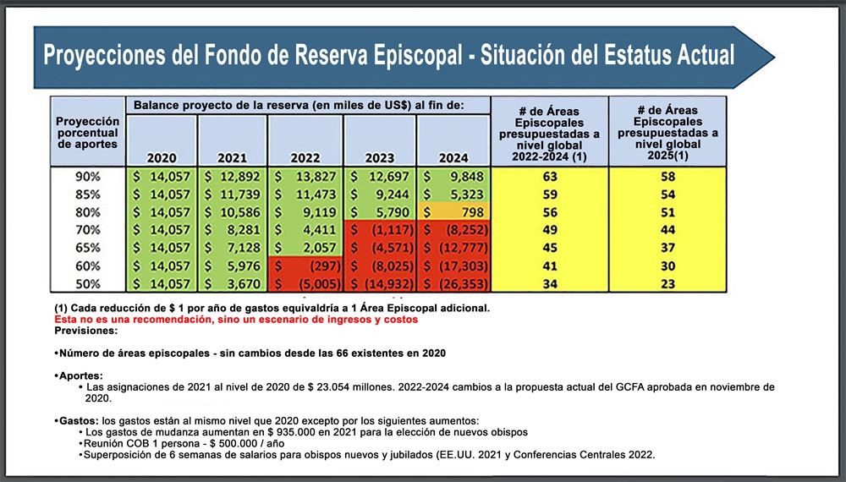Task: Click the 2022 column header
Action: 305,157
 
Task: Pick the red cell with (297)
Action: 305,266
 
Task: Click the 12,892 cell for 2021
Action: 232,177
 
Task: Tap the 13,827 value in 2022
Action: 305,177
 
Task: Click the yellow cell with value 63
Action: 549,177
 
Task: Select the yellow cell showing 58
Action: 667,177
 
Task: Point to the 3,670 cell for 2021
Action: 232,283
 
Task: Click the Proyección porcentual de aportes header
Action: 87,133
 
